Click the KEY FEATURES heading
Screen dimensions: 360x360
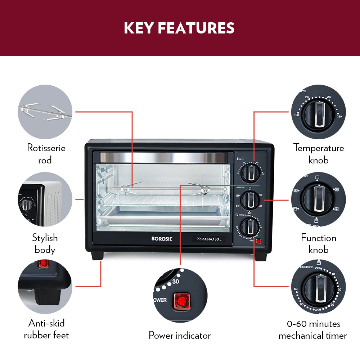click(x=179, y=28)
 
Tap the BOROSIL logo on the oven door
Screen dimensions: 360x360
click(x=162, y=239)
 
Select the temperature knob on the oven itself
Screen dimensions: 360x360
click(x=249, y=174)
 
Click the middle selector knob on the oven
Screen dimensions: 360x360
click(x=249, y=201)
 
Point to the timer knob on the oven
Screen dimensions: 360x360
click(x=249, y=227)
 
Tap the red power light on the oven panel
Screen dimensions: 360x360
click(x=258, y=241)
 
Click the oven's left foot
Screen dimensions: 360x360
click(x=97, y=256)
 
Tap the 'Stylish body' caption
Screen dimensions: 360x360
click(x=45, y=244)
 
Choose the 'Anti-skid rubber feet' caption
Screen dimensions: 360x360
click(x=46, y=329)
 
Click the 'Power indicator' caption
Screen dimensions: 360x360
click(x=180, y=336)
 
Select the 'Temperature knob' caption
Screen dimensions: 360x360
click(x=319, y=154)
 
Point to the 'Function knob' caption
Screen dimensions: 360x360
click(x=319, y=244)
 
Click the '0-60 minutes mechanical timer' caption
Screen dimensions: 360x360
click(x=312, y=330)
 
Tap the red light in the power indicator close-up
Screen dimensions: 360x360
click(x=182, y=300)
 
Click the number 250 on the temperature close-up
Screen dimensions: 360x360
click(x=339, y=116)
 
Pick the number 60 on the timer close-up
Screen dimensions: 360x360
click(x=296, y=289)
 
